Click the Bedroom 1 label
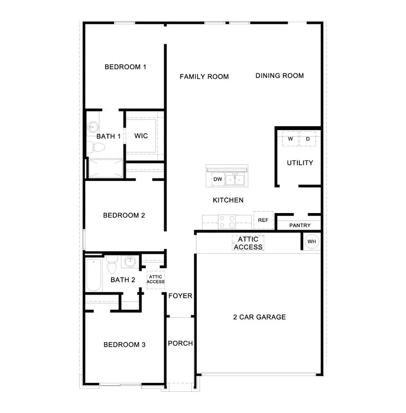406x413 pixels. coord(125,67)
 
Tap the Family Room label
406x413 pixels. coord(204,77)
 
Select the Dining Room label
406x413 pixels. coord(279,76)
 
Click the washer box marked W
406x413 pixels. coord(291,139)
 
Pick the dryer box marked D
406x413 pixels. coord(308,139)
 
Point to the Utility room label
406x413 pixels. coord(300,163)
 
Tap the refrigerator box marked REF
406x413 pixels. coord(263,220)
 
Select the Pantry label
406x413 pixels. coord(300,225)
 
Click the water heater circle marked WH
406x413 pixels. coord(312,242)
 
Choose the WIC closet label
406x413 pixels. coord(141,136)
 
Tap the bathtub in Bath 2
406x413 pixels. coord(95,274)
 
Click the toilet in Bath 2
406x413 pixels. coord(112,266)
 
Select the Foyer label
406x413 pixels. coord(180,296)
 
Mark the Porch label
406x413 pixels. coord(180,343)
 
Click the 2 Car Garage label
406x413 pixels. coord(259,317)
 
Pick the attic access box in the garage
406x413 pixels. coord(248,243)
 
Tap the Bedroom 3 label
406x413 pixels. coord(124,345)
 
